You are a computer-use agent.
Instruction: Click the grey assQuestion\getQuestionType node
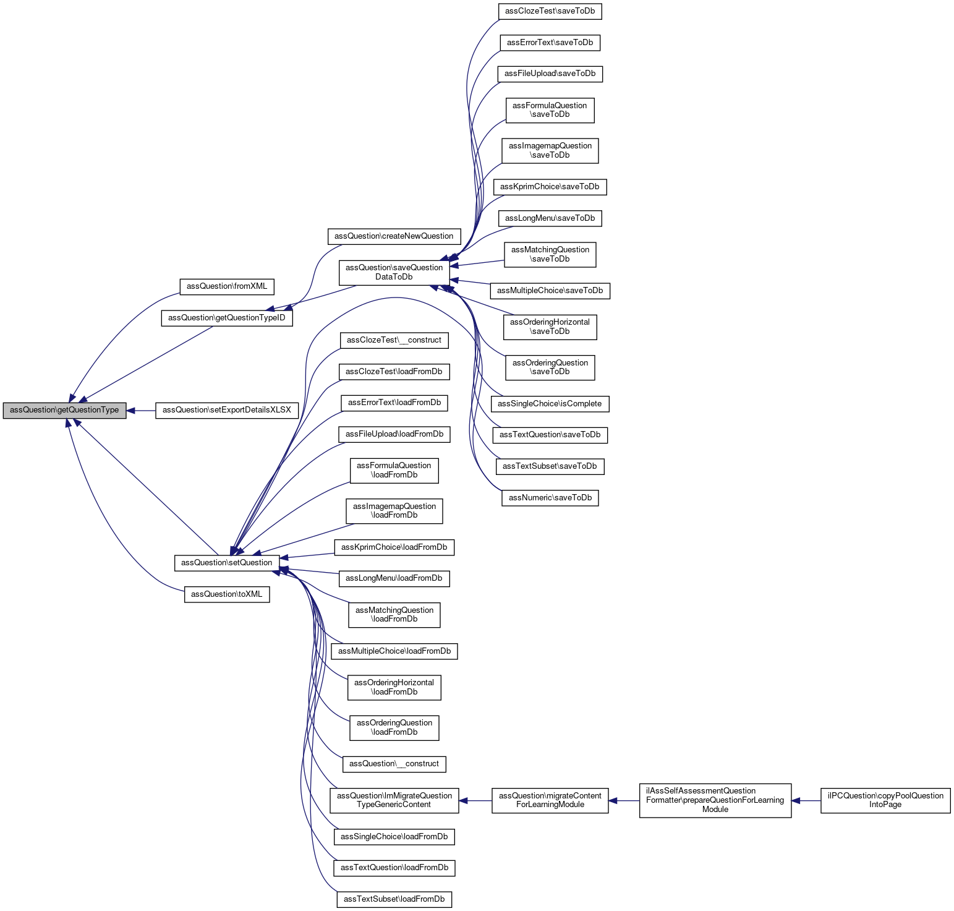click(64, 410)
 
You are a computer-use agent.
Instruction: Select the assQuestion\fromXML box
click(227, 286)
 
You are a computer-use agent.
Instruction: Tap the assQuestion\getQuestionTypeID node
click(227, 318)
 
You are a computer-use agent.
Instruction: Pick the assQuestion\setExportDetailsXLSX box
click(227, 410)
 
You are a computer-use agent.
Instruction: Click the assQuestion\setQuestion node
click(227, 563)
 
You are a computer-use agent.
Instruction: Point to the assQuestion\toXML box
click(227, 594)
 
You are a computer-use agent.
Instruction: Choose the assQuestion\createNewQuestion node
click(394, 236)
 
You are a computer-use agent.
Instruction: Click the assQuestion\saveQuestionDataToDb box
click(394, 272)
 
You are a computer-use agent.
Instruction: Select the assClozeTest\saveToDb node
click(550, 11)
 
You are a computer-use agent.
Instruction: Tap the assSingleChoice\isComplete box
click(550, 404)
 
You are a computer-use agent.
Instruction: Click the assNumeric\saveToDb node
click(550, 498)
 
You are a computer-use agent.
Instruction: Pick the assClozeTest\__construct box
click(394, 340)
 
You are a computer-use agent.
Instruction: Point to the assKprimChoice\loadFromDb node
click(394, 547)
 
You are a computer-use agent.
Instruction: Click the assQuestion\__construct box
click(394, 764)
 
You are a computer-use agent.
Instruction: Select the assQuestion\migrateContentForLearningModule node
click(550, 800)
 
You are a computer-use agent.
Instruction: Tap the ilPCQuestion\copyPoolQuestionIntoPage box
click(885, 800)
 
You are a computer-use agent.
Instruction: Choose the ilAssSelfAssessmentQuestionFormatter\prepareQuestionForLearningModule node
click(715, 800)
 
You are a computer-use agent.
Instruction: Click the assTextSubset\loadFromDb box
click(394, 899)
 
